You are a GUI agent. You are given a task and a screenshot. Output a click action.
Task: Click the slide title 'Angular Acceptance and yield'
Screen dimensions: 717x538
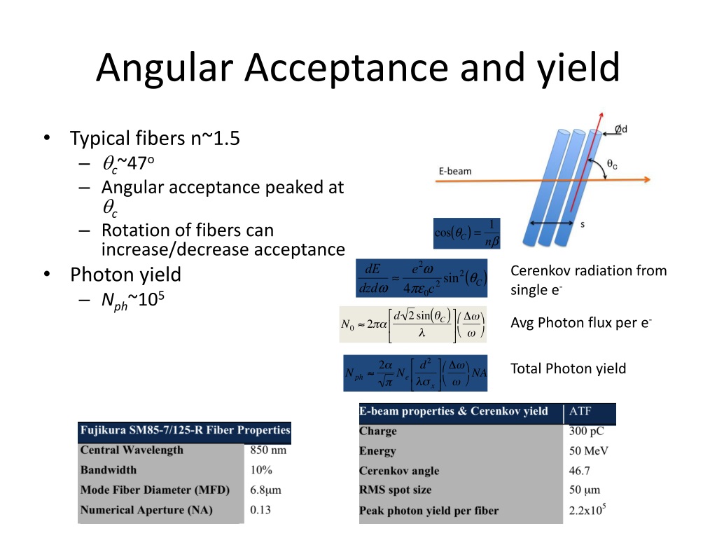(358, 69)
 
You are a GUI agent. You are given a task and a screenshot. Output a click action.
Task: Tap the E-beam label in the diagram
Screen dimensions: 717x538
(455, 171)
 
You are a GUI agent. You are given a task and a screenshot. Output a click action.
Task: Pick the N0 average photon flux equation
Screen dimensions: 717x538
(412, 324)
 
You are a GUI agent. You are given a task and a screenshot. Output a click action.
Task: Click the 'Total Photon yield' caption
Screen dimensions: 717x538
(568, 368)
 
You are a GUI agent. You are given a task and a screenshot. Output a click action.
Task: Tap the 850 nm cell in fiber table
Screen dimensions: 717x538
(268, 450)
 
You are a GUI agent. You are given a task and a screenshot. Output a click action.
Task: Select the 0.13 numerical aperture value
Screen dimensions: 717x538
(260, 509)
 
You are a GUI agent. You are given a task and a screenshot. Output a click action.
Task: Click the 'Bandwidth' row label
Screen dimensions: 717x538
(109, 469)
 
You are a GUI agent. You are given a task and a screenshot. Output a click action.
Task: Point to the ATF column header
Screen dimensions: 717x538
(580, 411)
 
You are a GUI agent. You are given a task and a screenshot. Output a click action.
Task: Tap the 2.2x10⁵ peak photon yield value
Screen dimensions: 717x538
(587, 510)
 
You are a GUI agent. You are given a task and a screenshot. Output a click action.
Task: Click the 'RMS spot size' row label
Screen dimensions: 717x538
(395, 490)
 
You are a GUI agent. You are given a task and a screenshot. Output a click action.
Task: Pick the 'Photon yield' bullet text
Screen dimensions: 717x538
(125, 274)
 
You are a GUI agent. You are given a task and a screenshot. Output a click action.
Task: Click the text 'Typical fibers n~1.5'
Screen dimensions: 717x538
(155, 139)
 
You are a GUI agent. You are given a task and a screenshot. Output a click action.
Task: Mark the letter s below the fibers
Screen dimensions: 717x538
(583, 224)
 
